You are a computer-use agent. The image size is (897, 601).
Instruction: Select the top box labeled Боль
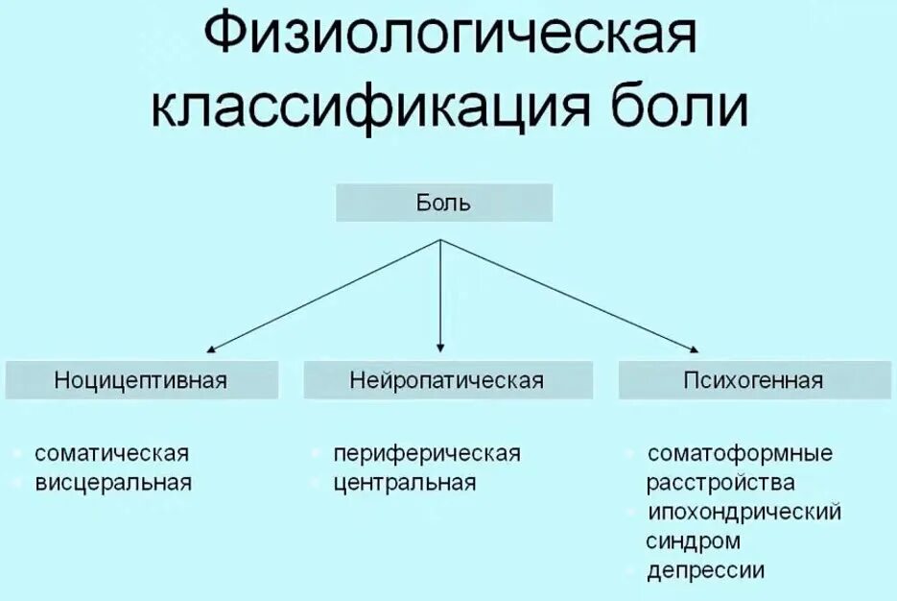(x=443, y=204)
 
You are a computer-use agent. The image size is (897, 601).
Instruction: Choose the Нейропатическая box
(x=446, y=380)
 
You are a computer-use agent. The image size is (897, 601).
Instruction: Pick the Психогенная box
(x=753, y=380)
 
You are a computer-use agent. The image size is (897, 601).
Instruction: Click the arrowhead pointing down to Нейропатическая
(x=440, y=348)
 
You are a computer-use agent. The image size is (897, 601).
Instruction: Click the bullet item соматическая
(x=111, y=453)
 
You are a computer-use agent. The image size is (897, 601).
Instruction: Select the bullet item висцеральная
(x=113, y=482)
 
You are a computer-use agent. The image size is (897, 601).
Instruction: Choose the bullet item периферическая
(x=426, y=453)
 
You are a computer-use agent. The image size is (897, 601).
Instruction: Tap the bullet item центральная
(x=404, y=482)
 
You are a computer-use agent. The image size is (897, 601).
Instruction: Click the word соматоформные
(x=740, y=453)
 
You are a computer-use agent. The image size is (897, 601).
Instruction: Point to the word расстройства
(x=720, y=482)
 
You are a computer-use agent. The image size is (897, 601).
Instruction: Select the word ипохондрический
(x=744, y=512)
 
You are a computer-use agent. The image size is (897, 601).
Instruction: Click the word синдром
(x=693, y=541)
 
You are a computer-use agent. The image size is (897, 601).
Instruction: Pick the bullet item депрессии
(x=705, y=570)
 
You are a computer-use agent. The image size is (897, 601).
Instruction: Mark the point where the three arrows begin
(x=440, y=240)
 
